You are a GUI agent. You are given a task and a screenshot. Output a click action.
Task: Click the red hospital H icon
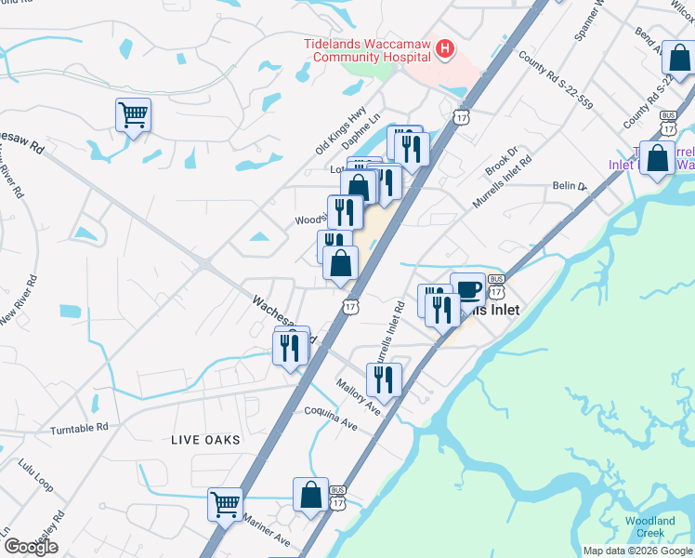pos(446,49)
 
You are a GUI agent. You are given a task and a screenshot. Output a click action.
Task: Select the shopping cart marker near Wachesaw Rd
pos(133,116)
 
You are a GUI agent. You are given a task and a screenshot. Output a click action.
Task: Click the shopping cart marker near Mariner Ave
pos(225,505)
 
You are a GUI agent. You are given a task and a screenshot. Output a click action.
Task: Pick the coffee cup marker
pos(467,288)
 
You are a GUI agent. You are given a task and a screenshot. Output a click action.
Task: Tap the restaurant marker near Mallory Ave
pos(383,379)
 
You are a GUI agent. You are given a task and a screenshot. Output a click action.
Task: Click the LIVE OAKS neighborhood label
pos(204,439)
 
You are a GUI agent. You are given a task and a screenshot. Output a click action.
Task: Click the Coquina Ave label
pos(332,417)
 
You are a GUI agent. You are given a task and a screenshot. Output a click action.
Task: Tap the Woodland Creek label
pos(649,526)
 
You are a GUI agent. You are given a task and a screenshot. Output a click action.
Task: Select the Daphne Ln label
pos(362,129)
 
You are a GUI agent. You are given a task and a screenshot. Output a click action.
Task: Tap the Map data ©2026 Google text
pos(638,551)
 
